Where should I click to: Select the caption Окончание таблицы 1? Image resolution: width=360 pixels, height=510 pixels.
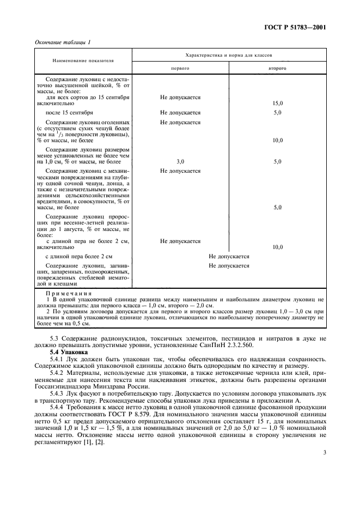(63, 42)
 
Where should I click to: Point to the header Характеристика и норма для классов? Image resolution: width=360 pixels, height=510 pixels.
(229, 56)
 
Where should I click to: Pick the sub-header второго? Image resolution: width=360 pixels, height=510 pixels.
(278, 69)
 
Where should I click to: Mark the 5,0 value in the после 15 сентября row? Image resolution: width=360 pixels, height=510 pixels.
(278, 112)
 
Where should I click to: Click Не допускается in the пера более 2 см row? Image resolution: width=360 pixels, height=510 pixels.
(229, 256)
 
